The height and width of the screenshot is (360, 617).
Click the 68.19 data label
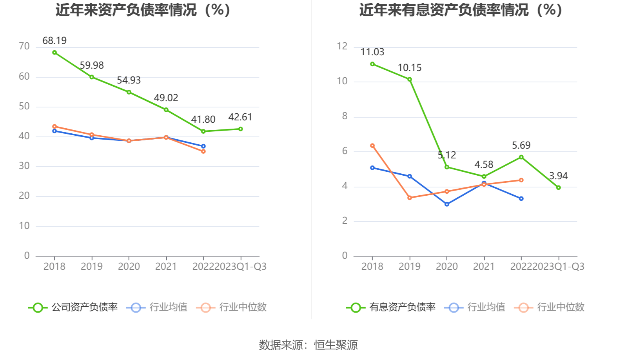pos(54,41)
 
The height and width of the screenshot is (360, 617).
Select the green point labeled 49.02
pos(166,110)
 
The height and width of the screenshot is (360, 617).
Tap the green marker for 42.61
pos(240,129)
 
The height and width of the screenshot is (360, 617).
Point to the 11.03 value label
pos(372,52)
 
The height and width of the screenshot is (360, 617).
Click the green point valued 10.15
pos(410,79)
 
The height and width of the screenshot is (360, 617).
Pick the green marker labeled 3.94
pos(558,188)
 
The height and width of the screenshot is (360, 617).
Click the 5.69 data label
pos(521,145)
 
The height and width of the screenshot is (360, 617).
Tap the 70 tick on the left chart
pos(24,47)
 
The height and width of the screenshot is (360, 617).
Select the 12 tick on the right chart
pos(342,47)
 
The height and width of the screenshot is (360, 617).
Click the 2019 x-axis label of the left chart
pos(92,267)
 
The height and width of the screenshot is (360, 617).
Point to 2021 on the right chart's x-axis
pos(484,267)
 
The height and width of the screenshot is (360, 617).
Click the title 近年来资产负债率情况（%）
pos(143,10)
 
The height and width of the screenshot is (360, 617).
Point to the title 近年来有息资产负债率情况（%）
pos(461,10)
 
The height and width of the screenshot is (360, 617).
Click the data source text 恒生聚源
pos(336,345)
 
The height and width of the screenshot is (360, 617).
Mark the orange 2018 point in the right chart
pos(372,146)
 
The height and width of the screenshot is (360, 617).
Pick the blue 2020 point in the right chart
pos(447,204)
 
